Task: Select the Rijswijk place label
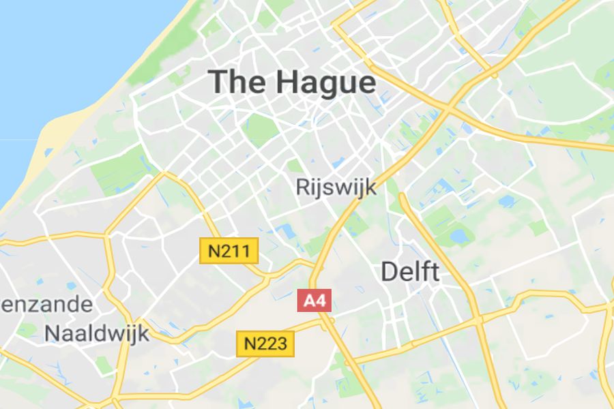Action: (336, 187)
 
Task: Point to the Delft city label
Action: (409, 271)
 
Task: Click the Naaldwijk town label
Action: (96, 333)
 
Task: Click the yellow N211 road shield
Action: (229, 251)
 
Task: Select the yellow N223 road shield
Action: (265, 344)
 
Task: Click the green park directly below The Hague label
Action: (260, 129)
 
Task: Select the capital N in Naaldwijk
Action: (53, 333)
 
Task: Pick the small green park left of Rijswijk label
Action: (295, 166)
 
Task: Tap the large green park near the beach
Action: (119, 170)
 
